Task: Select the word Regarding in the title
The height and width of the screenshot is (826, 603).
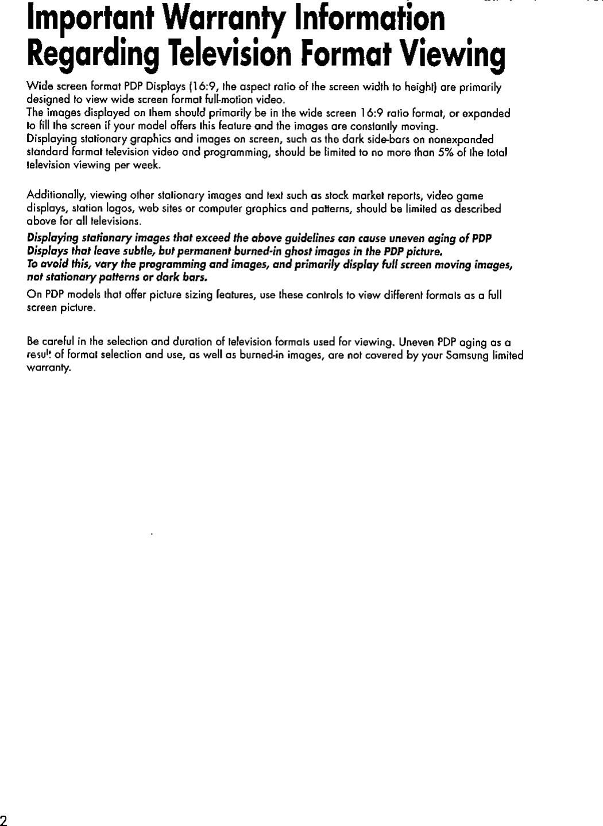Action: coord(92,55)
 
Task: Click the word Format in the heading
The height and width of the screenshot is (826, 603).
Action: coord(350,55)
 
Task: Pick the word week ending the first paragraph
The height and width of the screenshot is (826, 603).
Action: coord(147,165)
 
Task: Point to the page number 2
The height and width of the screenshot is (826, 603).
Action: coord(4,819)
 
